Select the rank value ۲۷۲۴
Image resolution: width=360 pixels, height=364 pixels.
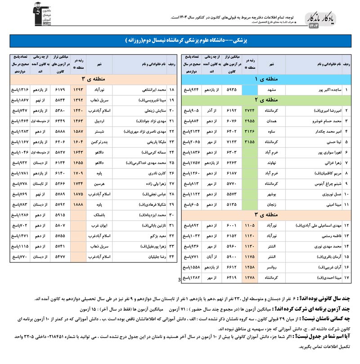click(x=250, y=110)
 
